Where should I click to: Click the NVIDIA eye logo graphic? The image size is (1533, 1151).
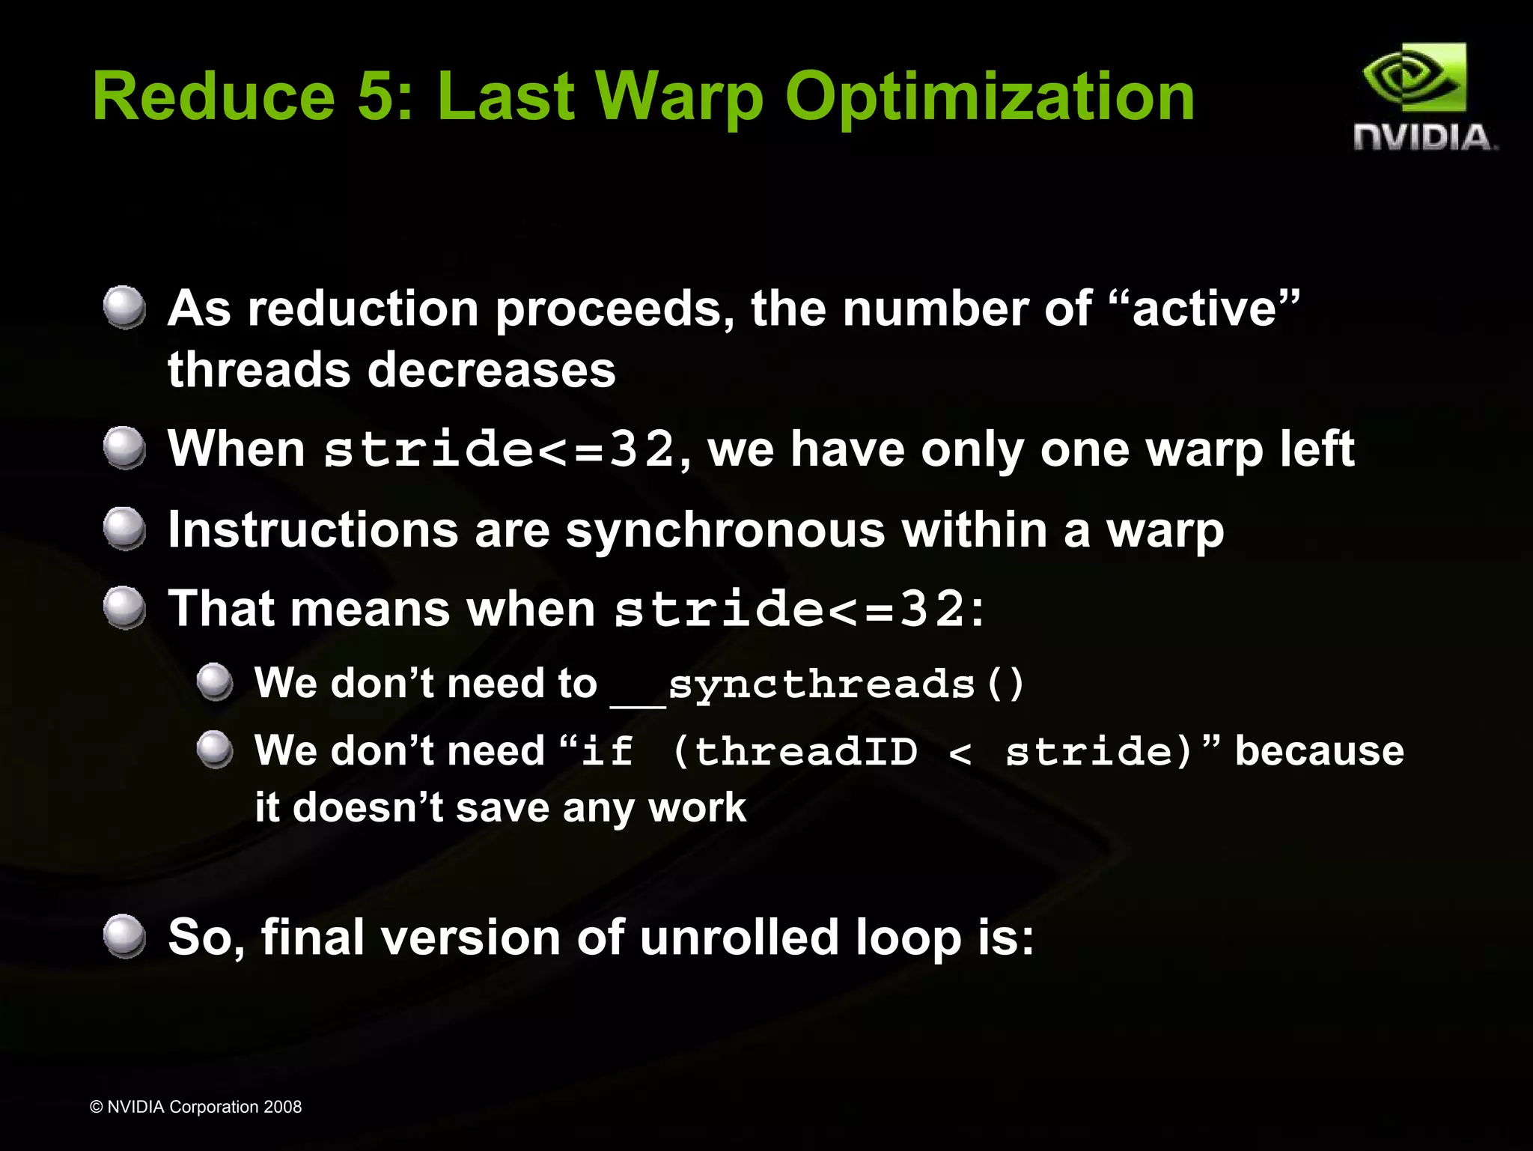[1414, 79]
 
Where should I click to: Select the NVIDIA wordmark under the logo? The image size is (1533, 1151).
[1424, 138]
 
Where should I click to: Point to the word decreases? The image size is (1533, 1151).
[491, 370]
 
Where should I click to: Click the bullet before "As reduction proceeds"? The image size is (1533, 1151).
[124, 307]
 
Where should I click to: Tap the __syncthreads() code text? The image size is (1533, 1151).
[817, 684]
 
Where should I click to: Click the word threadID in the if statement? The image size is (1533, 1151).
[805, 751]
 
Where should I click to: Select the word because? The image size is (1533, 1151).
[1319, 751]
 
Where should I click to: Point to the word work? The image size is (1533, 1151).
[697, 809]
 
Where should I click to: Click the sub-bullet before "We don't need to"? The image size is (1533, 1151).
[216, 681]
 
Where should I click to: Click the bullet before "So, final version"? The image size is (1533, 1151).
[124, 936]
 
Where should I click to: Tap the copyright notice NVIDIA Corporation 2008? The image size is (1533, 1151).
[195, 1107]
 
